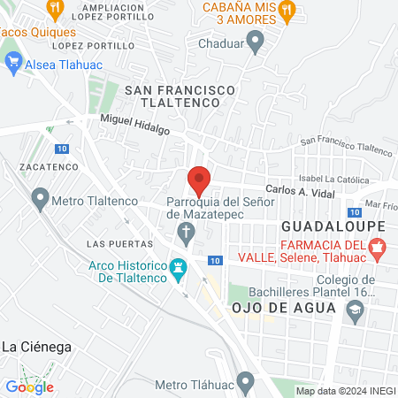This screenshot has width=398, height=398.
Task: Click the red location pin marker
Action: click(x=199, y=180)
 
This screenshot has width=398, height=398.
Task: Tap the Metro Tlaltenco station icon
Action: click(x=40, y=201)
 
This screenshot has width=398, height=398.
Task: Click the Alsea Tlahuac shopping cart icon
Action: click(x=13, y=62)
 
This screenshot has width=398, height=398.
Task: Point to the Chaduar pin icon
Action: click(x=256, y=41)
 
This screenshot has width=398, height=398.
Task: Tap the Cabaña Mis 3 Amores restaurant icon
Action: click(x=286, y=10)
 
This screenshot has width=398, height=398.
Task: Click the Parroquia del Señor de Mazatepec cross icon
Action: click(x=186, y=233)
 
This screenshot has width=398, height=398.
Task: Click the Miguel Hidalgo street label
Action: click(x=134, y=124)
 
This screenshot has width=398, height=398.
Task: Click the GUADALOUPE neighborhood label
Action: click(x=333, y=226)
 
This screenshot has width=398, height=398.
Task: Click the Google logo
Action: click(x=30, y=387)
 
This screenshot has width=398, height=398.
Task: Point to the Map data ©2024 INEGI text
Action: click(x=345, y=391)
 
